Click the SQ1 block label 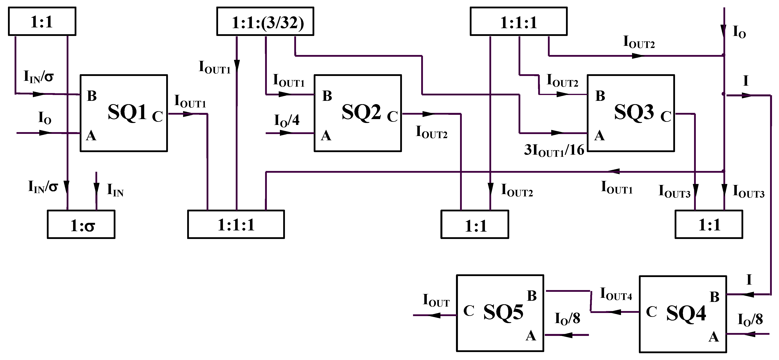127,112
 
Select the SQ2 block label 361,112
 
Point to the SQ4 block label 686,313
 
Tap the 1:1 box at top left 42,22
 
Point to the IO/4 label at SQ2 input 287,120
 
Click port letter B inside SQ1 92,96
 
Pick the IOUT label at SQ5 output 436,301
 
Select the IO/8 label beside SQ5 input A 567,319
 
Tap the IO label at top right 739,32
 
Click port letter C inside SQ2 392,117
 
